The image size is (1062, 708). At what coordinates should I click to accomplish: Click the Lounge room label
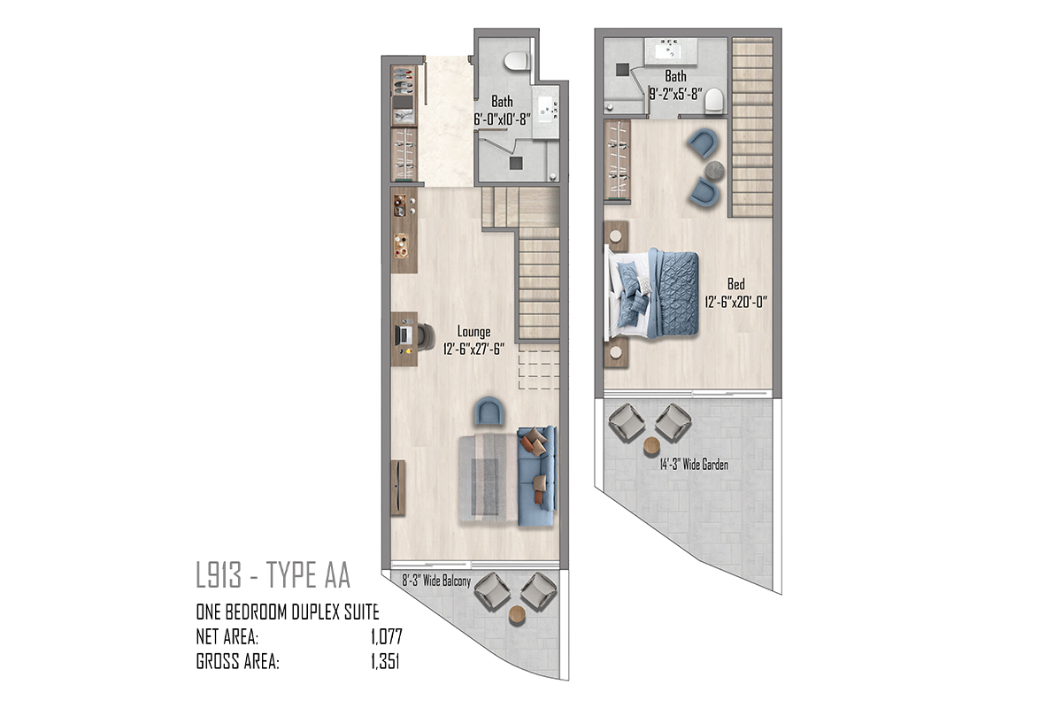(473, 332)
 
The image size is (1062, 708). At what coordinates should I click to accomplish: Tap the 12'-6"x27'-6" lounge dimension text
(473, 350)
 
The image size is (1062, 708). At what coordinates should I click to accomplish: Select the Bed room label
(735, 284)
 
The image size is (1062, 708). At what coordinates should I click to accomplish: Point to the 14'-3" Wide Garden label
(694, 465)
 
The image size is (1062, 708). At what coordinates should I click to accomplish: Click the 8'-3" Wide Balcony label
(436, 581)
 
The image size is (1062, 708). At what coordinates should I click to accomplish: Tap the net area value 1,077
(387, 637)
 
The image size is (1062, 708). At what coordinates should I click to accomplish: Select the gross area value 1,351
(385, 661)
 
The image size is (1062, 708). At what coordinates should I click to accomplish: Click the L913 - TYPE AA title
(273, 574)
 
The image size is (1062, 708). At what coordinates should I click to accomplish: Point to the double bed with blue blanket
(652, 294)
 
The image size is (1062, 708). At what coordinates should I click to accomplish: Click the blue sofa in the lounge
(536, 475)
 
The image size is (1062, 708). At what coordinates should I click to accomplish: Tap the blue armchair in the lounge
(489, 412)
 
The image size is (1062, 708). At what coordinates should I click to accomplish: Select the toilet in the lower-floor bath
(516, 62)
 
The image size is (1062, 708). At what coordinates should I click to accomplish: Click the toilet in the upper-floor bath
(714, 101)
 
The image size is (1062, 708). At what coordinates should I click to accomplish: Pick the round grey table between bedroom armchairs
(715, 170)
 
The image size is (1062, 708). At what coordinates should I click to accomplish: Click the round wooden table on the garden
(652, 447)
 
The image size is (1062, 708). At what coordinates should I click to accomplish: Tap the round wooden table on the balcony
(517, 615)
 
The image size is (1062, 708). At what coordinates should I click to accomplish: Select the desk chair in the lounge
(427, 336)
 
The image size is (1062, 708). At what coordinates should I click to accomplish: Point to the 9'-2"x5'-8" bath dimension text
(675, 94)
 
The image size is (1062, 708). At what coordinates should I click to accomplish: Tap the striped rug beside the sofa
(489, 478)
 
